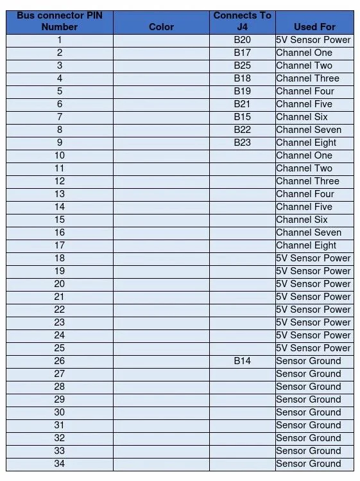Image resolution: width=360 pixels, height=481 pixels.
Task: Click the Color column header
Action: [x=161, y=27]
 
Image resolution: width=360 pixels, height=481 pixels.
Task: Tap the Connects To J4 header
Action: [x=242, y=21]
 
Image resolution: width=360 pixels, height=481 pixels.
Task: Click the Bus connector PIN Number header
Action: [x=60, y=21]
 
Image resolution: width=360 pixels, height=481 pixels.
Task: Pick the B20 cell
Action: [x=242, y=40]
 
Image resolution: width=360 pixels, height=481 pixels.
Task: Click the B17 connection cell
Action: [x=242, y=53]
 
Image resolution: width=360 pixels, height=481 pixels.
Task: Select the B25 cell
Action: [x=242, y=66]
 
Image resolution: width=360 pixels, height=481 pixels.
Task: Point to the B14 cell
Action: [x=242, y=361]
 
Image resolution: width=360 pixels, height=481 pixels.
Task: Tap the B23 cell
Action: [x=242, y=143]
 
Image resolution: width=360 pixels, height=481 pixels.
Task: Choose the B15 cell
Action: [x=242, y=117]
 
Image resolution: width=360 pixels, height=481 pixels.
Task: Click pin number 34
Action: [x=60, y=464]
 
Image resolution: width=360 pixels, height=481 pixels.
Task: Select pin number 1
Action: [x=60, y=40]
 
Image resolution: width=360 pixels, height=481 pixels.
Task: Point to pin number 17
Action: [x=60, y=245]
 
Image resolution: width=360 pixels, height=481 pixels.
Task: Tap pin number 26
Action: [x=60, y=361]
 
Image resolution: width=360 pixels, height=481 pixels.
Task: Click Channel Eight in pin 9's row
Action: [x=306, y=143]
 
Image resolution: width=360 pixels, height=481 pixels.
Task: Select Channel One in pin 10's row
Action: [x=304, y=155]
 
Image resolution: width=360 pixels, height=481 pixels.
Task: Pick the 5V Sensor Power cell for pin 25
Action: [x=313, y=348]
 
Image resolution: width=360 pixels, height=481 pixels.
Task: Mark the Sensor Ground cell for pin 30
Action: [x=308, y=412]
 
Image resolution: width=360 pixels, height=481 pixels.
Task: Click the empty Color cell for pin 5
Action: [x=161, y=91]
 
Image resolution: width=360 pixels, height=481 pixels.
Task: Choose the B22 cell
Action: [x=242, y=130]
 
